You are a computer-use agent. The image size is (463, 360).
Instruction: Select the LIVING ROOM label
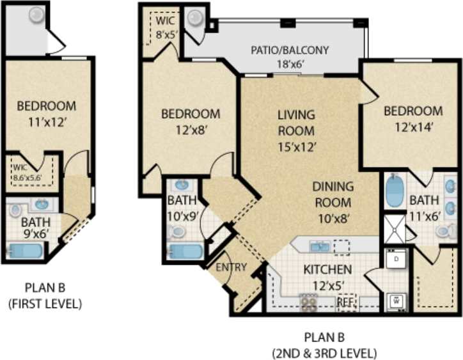(296, 123)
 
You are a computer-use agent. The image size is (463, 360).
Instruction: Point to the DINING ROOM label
(332, 194)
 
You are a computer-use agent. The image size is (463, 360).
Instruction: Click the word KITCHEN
(327, 269)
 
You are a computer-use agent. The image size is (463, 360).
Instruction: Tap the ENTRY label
(231, 267)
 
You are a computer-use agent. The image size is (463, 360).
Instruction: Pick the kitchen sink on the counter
(318, 246)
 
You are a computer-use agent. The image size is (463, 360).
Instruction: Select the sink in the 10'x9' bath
(181, 185)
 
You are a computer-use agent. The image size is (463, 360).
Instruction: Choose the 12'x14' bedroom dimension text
(413, 127)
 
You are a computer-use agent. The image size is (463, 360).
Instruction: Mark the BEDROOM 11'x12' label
(46, 113)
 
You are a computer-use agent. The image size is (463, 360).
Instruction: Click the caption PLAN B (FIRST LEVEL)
(45, 295)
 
